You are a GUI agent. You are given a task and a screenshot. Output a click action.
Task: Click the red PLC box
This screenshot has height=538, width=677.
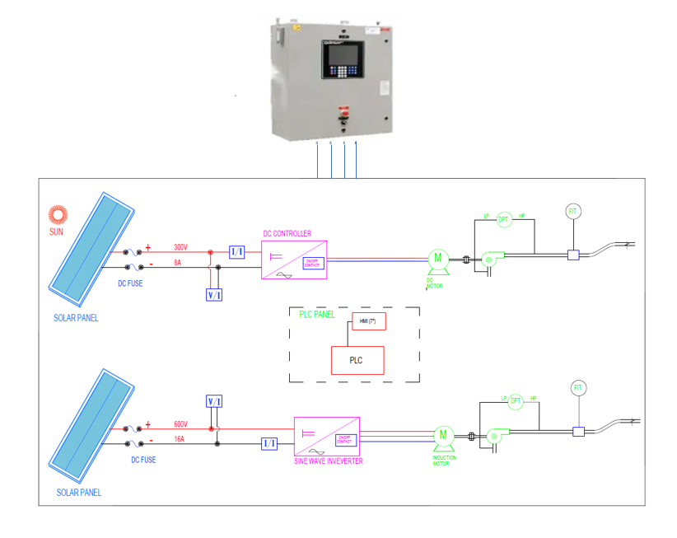[357, 360]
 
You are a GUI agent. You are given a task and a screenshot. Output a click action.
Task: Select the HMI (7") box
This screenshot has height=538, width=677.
[368, 321]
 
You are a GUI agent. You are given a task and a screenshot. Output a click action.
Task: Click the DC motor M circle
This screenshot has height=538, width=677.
[437, 257]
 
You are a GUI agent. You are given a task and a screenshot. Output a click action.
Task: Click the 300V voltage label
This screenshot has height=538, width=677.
[181, 247]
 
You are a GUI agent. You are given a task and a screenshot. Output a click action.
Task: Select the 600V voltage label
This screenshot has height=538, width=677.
[181, 424]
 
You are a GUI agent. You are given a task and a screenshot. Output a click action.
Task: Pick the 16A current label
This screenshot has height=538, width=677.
[180, 440]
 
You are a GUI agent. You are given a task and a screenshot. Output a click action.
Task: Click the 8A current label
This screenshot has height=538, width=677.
[179, 263]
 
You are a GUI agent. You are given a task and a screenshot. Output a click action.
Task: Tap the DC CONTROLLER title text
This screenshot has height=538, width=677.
[287, 234]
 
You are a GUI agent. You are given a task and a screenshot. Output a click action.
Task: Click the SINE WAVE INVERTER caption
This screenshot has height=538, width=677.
[328, 461]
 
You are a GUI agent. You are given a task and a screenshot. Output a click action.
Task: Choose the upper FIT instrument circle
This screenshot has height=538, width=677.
[572, 212]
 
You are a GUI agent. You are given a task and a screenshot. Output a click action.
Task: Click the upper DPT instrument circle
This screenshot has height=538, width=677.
[504, 219]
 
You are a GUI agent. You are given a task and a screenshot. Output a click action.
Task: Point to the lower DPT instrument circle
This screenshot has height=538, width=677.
[516, 401]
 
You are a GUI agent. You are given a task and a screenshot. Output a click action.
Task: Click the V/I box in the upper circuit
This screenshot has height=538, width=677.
[213, 294]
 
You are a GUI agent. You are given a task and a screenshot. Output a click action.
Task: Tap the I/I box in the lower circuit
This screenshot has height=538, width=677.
[269, 444]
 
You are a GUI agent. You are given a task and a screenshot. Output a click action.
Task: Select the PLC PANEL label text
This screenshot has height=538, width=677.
[318, 314]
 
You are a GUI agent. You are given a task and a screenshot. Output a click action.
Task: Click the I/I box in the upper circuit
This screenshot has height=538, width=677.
[236, 252]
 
